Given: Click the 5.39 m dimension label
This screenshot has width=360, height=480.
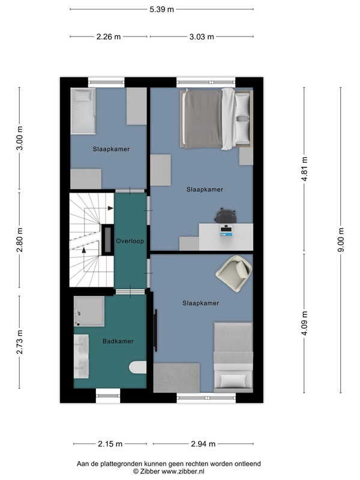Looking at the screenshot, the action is [x=161, y=10].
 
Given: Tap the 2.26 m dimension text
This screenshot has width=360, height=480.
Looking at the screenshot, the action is [x=109, y=37].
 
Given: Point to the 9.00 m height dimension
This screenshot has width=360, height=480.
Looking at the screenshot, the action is [x=341, y=239].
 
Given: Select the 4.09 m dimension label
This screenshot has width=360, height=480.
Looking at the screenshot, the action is [x=304, y=323].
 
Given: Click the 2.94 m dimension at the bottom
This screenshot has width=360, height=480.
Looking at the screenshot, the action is [x=203, y=443].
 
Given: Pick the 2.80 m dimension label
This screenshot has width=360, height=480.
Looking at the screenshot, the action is [x=20, y=239].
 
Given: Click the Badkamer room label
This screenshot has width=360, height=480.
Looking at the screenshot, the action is [x=118, y=341].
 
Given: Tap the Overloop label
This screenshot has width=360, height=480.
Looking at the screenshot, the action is [x=130, y=241].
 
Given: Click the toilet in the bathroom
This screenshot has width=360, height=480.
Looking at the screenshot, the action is [x=137, y=367].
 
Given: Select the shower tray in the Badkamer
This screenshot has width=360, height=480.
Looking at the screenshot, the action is [x=89, y=311].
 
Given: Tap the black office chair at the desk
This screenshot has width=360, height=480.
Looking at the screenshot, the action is [x=226, y=215].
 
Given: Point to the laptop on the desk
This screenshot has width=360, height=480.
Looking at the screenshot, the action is [x=226, y=230].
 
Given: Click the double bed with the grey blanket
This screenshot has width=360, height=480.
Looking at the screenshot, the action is [x=217, y=119].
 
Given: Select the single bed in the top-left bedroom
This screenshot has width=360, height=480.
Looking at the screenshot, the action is [x=83, y=111].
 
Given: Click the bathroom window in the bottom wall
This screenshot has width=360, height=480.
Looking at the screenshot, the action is [x=108, y=396].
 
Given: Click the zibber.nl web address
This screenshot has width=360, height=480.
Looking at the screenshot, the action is [x=183, y=472].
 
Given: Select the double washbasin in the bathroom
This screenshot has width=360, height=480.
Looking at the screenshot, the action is [x=82, y=356].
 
